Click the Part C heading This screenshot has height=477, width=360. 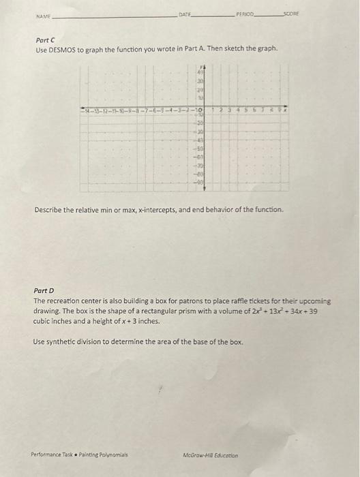point(44,40)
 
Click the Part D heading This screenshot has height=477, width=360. point(44,290)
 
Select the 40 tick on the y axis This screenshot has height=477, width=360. point(201,71)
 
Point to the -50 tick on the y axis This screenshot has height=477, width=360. point(201,147)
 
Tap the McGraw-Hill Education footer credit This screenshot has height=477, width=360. point(211,454)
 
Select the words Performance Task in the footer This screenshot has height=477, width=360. point(51,454)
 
